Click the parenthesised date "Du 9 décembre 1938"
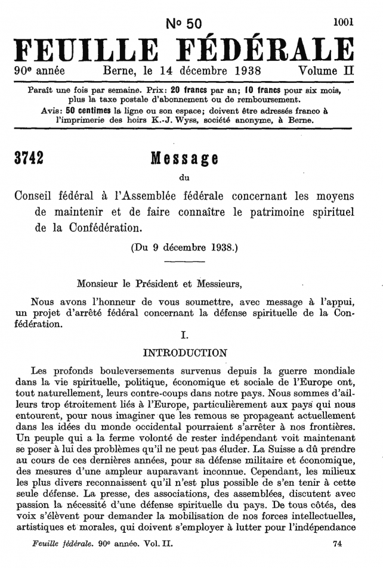[x=184, y=247]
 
